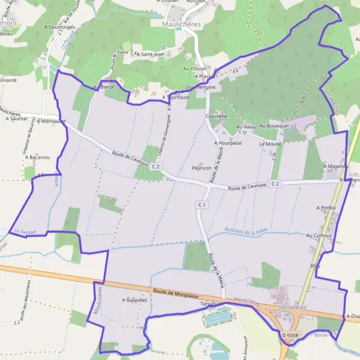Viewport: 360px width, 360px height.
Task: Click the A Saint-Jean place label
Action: point(150,55)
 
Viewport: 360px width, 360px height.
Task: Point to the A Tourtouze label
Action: point(176,97)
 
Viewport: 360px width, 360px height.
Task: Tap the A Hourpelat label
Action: point(227,144)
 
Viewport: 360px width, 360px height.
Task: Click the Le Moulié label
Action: point(270,145)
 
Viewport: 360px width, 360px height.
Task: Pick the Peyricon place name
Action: point(202,168)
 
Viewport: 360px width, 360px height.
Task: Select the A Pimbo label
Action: point(326,207)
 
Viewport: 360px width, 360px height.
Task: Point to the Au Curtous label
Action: point(319,236)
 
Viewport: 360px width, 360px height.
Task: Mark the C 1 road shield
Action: point(202,205)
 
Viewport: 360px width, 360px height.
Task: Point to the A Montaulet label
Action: point(51,121)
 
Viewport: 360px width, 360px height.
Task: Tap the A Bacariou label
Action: point(37,157)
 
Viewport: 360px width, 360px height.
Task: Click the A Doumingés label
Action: point(59,28)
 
